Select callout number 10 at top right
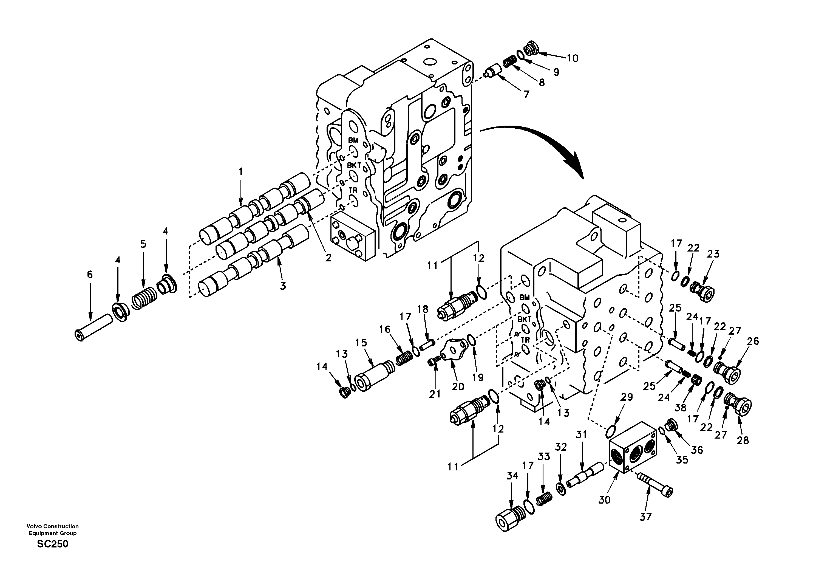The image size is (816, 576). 572,58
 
